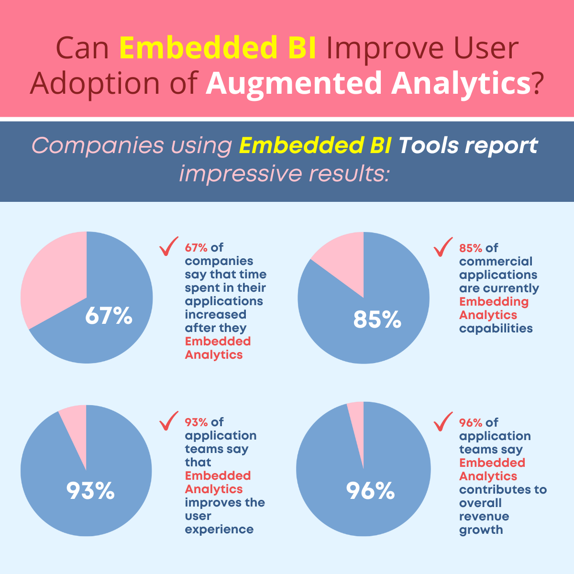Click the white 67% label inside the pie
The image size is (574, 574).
[109, 316]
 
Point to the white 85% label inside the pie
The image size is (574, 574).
[377, 320]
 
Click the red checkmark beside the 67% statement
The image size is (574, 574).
[168, 246]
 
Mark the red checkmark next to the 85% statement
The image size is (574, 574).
[443, 247]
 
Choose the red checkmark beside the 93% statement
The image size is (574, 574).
[168, 420]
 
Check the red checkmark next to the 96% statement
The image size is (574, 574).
[443, 421]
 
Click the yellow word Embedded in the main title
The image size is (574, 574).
[198, 48]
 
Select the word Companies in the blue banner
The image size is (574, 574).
[98, 146]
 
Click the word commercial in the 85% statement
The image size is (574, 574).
[496, 261]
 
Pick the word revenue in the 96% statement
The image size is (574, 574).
[484, 516]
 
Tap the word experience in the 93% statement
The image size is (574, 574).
[219, 530]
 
